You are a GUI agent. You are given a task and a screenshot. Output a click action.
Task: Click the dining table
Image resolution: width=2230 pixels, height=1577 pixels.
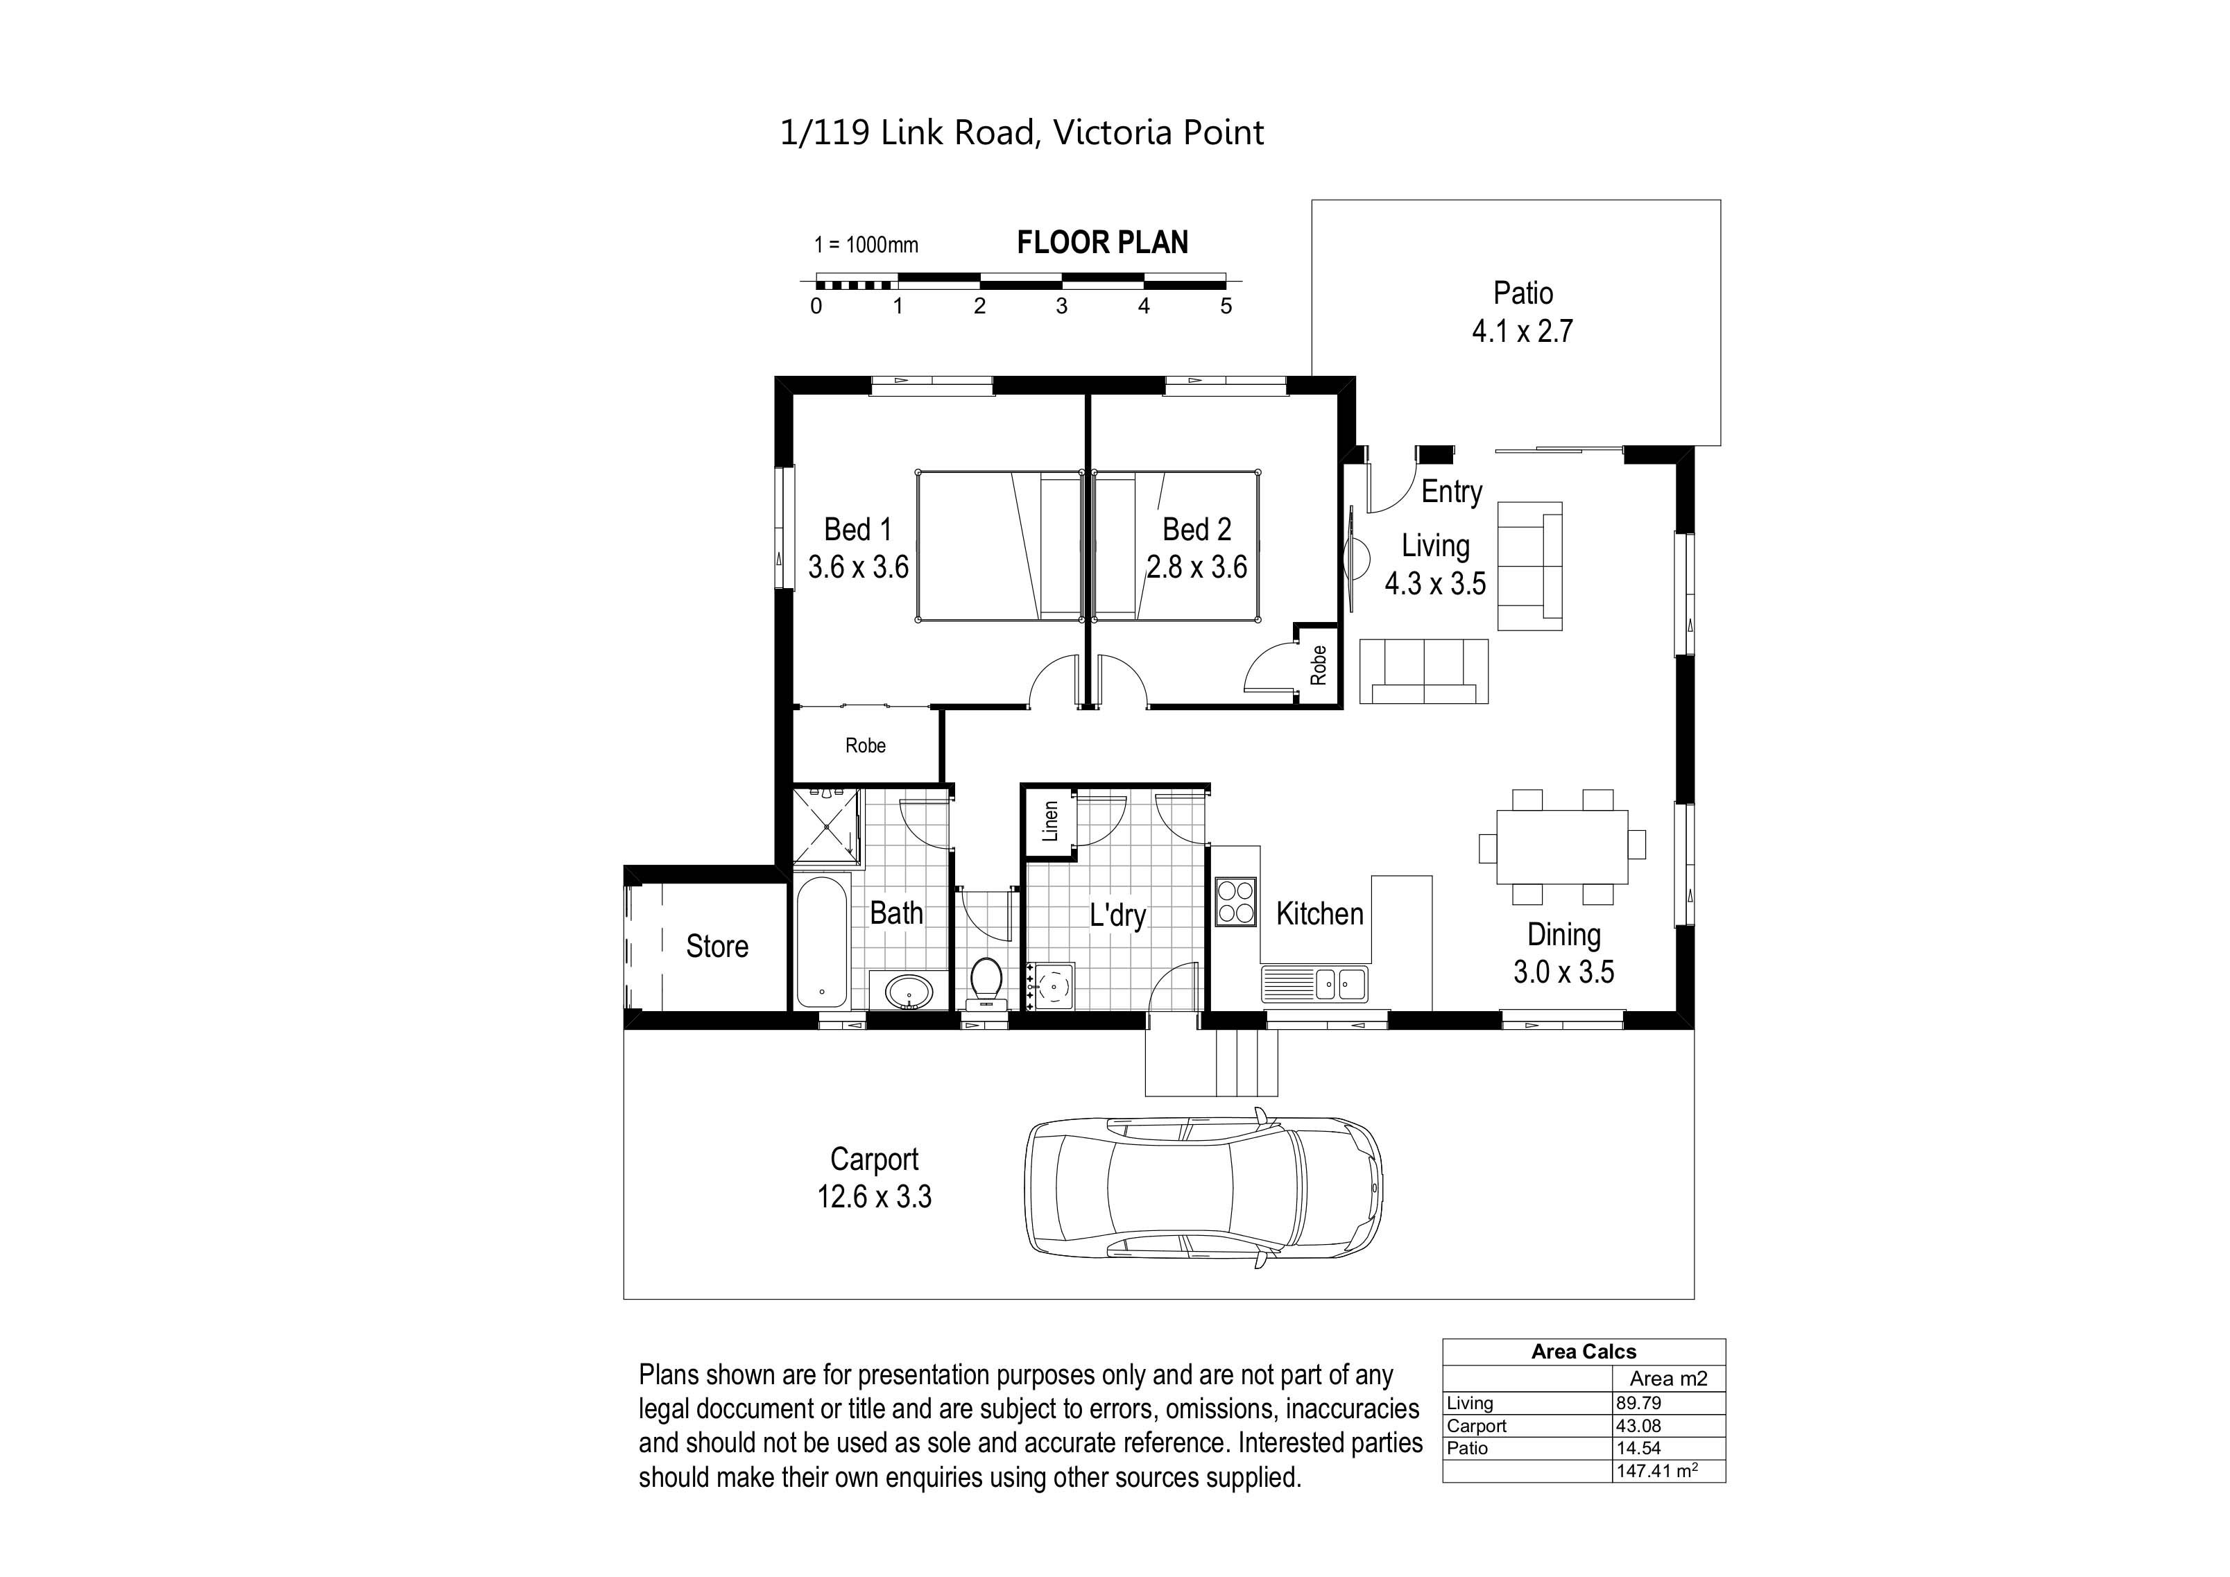(1562, 846)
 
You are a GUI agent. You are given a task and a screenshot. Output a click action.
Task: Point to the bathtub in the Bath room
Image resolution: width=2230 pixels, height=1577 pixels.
(822, 942)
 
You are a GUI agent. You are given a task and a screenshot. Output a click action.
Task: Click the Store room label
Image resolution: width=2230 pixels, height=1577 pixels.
(717, 946)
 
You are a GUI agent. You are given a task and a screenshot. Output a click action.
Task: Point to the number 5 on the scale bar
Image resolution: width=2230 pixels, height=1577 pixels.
(1226, 306)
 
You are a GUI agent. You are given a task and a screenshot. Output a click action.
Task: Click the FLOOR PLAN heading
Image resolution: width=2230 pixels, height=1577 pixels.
(1102, 243)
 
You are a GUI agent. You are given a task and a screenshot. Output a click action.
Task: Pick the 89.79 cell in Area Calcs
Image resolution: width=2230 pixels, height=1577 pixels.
(1638, 1403)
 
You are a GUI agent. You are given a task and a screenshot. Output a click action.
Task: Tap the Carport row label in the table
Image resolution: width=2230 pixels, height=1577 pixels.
(1476, 1426)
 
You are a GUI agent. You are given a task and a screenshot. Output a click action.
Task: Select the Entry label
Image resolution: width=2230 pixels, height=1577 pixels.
(1451, 492)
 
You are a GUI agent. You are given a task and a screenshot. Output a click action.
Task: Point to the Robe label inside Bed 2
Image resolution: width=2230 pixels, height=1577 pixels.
(1318, 665)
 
